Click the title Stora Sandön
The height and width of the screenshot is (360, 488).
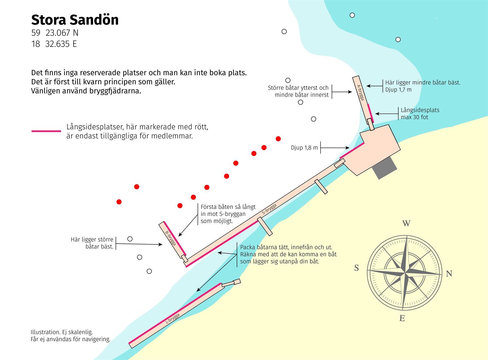[75, 20]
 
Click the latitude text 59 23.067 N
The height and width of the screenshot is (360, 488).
[55, 33]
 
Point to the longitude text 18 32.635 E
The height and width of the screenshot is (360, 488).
[54, 44]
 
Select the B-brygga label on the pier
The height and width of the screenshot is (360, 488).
[171, 238]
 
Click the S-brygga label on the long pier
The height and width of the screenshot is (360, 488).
[269, 210]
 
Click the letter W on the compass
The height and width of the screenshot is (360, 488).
[406, 224]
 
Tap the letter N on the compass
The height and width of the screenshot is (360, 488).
[449, 273]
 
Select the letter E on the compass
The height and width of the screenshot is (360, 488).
[402, 318]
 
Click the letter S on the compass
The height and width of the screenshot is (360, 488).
[356, 268]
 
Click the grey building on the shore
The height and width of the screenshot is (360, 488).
[384, 168]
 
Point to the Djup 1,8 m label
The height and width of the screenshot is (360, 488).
[304, 148]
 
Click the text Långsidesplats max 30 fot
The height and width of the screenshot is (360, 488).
[420, 114]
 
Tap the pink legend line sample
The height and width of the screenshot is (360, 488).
[46, 131]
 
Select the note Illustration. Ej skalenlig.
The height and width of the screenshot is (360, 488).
[62, 332]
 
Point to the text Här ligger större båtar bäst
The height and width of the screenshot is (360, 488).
[92, 243]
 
